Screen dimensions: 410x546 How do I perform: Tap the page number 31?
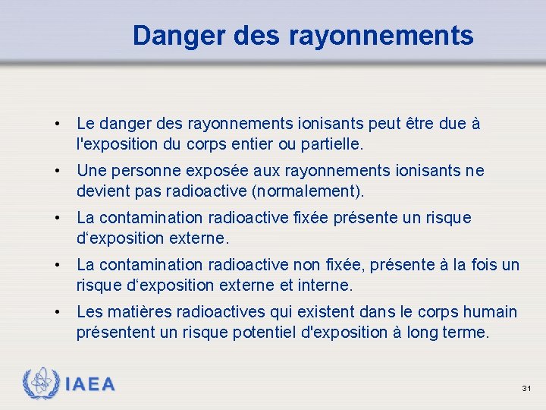[x=527, y=389]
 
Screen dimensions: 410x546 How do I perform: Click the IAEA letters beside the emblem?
[x=90, y=384]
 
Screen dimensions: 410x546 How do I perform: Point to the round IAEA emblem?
[x=40, y=383]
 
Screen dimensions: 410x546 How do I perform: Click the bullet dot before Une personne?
[x=57, y=171]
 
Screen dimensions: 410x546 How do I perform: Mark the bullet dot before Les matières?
[x=57, y=312]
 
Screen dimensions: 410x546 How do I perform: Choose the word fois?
[x=480, y=265]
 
